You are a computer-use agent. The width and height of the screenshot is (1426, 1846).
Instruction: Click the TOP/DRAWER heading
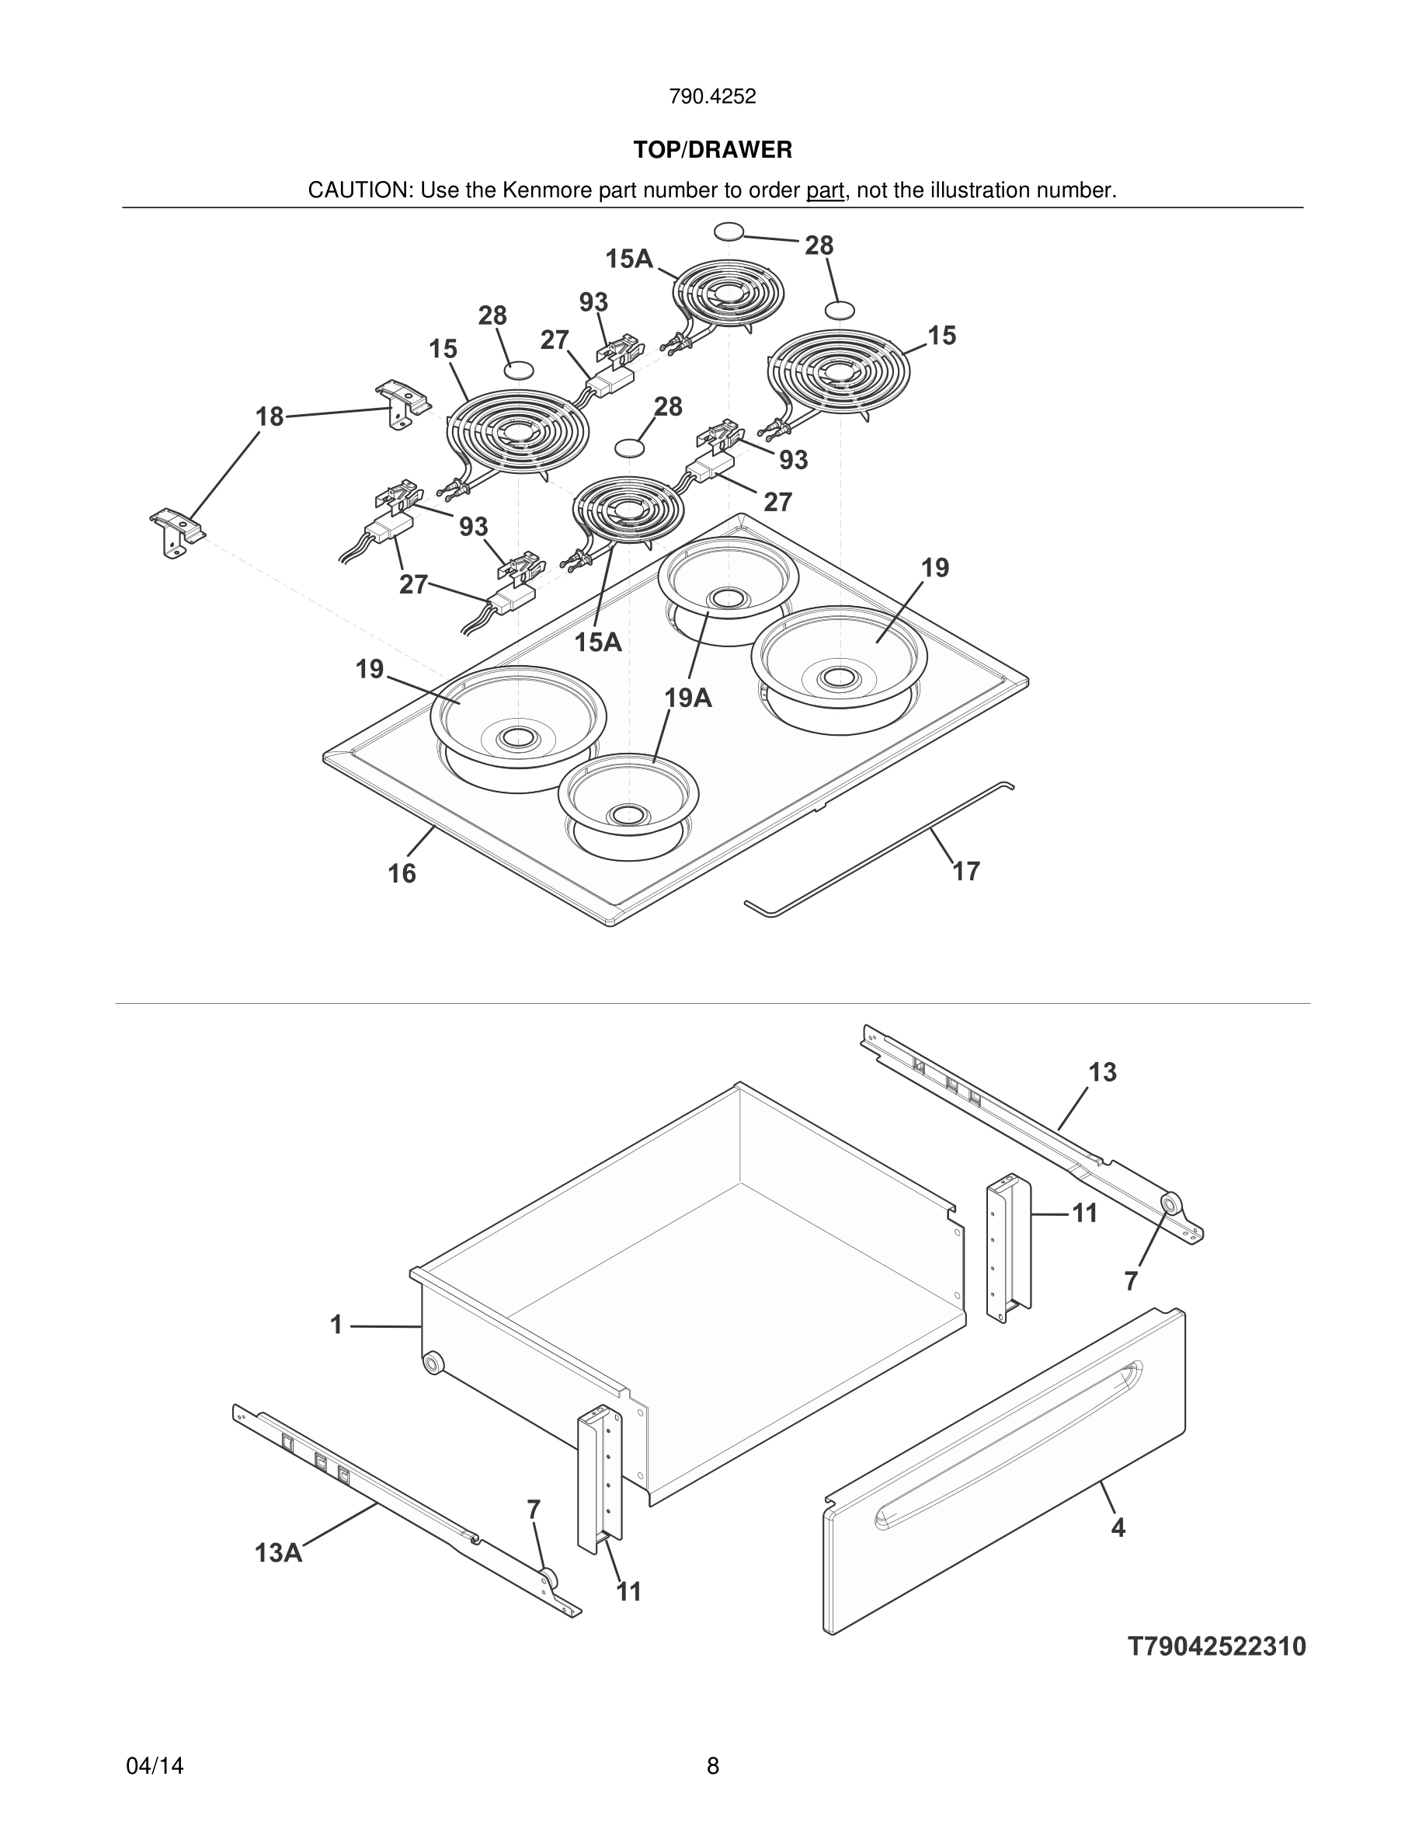click(x=712, y=151)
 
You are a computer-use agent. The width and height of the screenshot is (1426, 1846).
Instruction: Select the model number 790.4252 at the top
click(x=712, y=97)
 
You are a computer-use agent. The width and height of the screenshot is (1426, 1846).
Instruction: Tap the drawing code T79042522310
click(x=1216, y=1646)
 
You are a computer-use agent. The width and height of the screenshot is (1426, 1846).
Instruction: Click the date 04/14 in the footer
click(x=155, y=1766)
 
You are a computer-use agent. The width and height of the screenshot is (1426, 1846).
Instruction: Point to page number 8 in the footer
click(x=712, y=1766)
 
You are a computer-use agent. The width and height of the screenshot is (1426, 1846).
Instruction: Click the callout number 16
click(x=402, y=873)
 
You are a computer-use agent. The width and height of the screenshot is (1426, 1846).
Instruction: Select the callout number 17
click(x=965, y=871)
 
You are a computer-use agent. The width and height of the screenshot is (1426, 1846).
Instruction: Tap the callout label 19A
click(x=687, y=698)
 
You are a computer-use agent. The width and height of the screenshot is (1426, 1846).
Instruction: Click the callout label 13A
click(x=278, y=1552)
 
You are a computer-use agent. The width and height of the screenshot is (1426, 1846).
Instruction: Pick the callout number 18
click(x=270, y=416)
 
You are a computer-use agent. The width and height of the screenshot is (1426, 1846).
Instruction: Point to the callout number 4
click(x=1118, y=1527)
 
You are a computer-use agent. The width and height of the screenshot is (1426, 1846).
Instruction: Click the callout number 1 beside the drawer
click(x=336, y=1325)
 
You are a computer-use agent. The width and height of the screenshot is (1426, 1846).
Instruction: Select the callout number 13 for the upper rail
click(x=1102, y=1073)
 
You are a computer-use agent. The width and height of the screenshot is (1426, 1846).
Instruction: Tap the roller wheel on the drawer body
click(x=433, y=1363)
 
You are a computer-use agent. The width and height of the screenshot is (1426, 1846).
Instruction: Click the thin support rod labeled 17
click(x=878, y=845)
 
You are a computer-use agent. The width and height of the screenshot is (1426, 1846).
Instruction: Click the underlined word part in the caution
click(x=825, y=191)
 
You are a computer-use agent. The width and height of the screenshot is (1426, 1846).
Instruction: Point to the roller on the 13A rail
click(x=548, y=1577)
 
